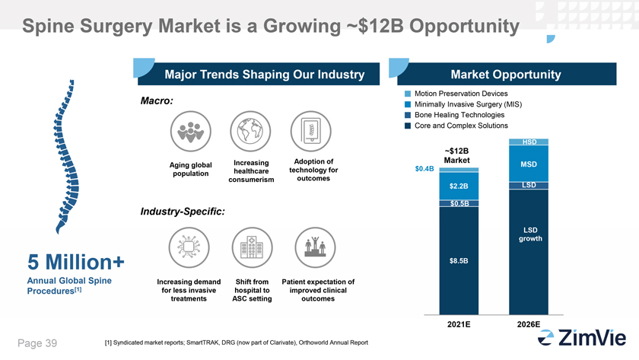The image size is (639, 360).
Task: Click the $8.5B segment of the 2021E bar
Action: [459, 260]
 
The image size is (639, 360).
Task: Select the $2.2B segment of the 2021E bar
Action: [459, 186]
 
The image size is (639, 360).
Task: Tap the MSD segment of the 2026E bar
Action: [529, 164]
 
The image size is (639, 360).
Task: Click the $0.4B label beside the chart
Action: [424, 169]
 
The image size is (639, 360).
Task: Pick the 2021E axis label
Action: [459, 324]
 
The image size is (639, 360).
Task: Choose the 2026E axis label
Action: [529, 324]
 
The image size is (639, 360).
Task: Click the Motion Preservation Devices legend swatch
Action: [408, 94]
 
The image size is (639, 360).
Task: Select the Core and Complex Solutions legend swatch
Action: [408, 126]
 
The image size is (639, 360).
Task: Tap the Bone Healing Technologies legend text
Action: [459, 115]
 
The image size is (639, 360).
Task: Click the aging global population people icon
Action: [191, 131]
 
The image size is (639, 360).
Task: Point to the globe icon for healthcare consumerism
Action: [250, 131]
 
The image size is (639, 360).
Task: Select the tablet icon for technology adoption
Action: [311, 131]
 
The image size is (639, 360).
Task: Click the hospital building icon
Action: [253, 247]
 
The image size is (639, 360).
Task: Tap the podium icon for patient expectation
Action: [315, 247]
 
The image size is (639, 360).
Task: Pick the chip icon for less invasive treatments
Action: [189, 247]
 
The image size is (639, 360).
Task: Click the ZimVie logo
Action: [582, 338]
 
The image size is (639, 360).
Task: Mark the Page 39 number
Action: [37, 343]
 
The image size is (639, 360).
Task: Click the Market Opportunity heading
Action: [506, 74]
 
